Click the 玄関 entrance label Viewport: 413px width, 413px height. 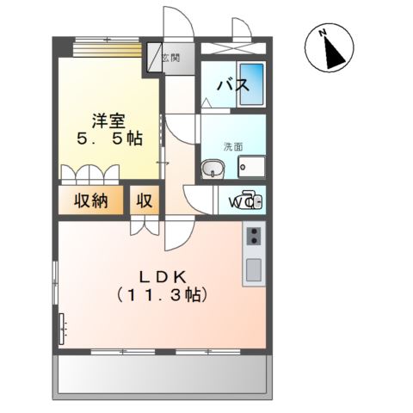[170, 59]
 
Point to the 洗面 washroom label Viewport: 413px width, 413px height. [233, 145]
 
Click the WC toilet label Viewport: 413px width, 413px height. [238, 203]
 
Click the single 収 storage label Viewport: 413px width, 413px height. [144, 202]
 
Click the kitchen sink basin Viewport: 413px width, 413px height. [254, 269]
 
